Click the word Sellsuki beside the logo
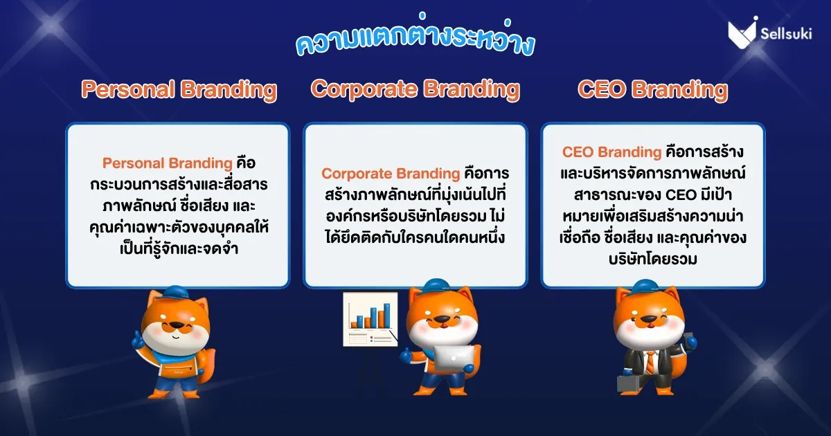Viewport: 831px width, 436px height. [786, 34]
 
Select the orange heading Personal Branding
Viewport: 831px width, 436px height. [179, 90]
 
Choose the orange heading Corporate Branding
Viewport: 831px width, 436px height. [415, 90]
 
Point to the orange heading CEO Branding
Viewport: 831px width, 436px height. [652, 90]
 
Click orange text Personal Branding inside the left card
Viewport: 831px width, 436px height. [168, 163]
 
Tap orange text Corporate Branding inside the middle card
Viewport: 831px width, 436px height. [391, 174]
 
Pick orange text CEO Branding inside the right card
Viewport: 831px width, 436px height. [611, 152]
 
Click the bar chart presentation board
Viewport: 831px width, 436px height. [370, 319]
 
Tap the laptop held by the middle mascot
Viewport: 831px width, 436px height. [454, 358]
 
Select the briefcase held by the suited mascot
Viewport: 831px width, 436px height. [630, 383]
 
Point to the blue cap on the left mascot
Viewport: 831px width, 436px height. [175, 293]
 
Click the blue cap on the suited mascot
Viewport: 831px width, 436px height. [645, 287]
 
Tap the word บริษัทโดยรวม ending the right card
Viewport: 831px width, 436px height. [652, 259]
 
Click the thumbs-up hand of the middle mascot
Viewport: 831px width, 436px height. [406, 355]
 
